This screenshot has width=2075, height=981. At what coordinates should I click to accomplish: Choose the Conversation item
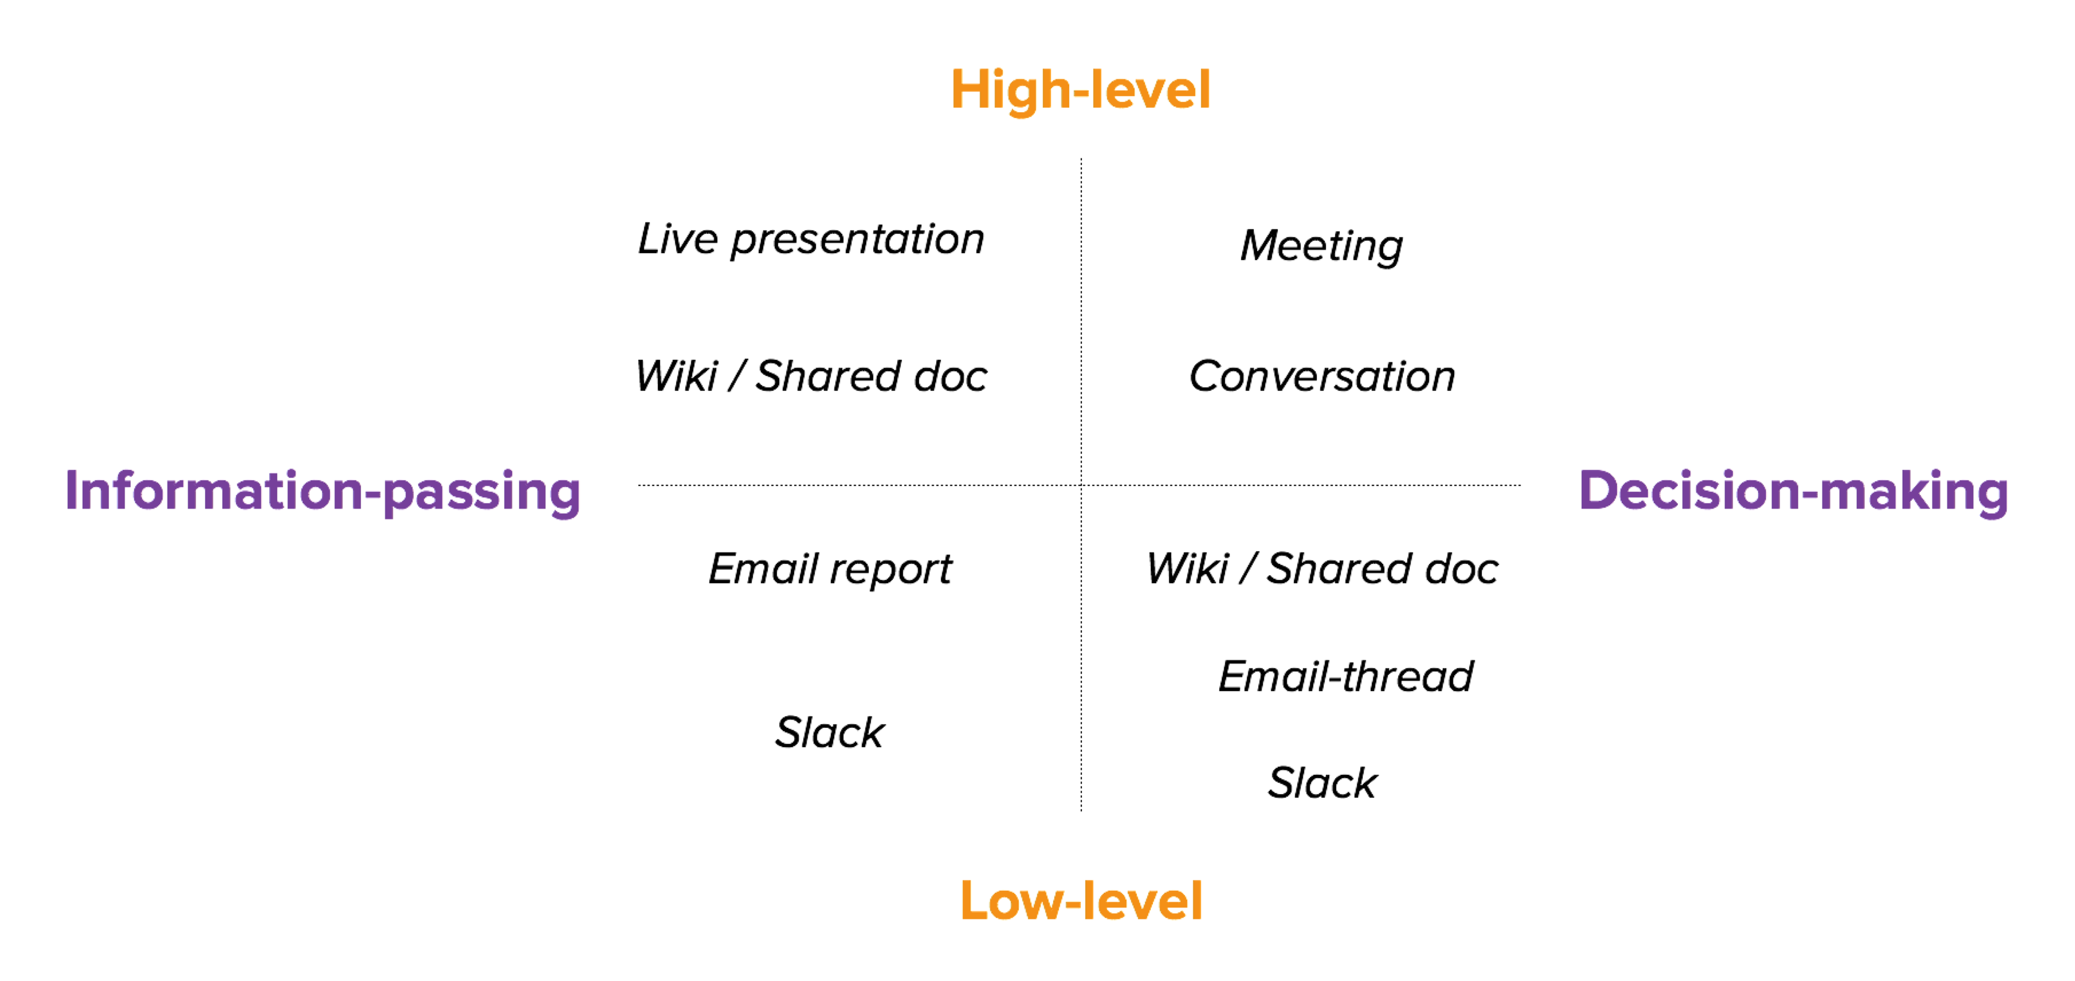tap(1322, 376)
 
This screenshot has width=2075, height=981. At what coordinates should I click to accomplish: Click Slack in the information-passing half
tap(830, 732)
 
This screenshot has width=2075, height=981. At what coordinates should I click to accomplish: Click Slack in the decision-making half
tap(1323, 782)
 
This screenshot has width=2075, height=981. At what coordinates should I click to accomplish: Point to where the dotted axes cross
tap(1081, 485)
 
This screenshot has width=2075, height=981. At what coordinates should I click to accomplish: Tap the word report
tap(892, 571)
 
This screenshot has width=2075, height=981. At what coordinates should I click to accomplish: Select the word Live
tap(677, 239)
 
